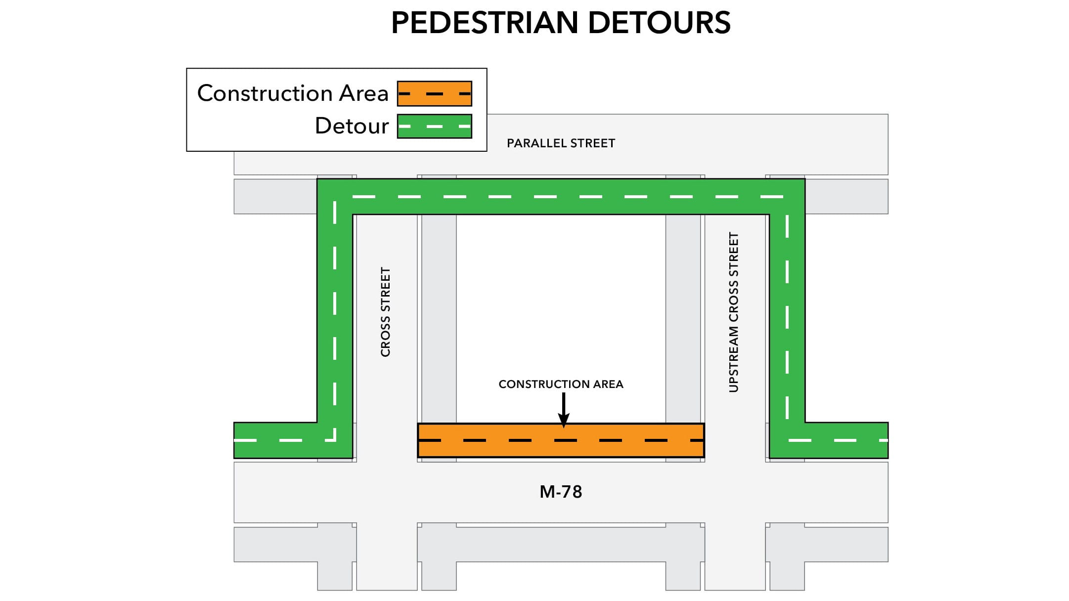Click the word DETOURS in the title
[x=659, y=23]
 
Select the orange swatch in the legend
[x=434, y=93]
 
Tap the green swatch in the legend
[x=434, y=126]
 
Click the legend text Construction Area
[x=293, y=93]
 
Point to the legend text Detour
[x=352, y=126]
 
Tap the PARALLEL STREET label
[x=561, y=143]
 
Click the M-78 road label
[x=561, y=492]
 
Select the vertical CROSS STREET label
[x=386, y=312]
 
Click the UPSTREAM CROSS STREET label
[x=734, y=312]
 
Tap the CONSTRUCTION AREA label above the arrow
[x=561, y=384]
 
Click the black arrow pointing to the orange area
[x=563, y=410]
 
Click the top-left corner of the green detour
[x=335, y=197]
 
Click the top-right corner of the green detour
[x=787, y=197]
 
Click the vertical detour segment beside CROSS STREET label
[x=335, y=312]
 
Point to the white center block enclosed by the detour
[x=561, y=297]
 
